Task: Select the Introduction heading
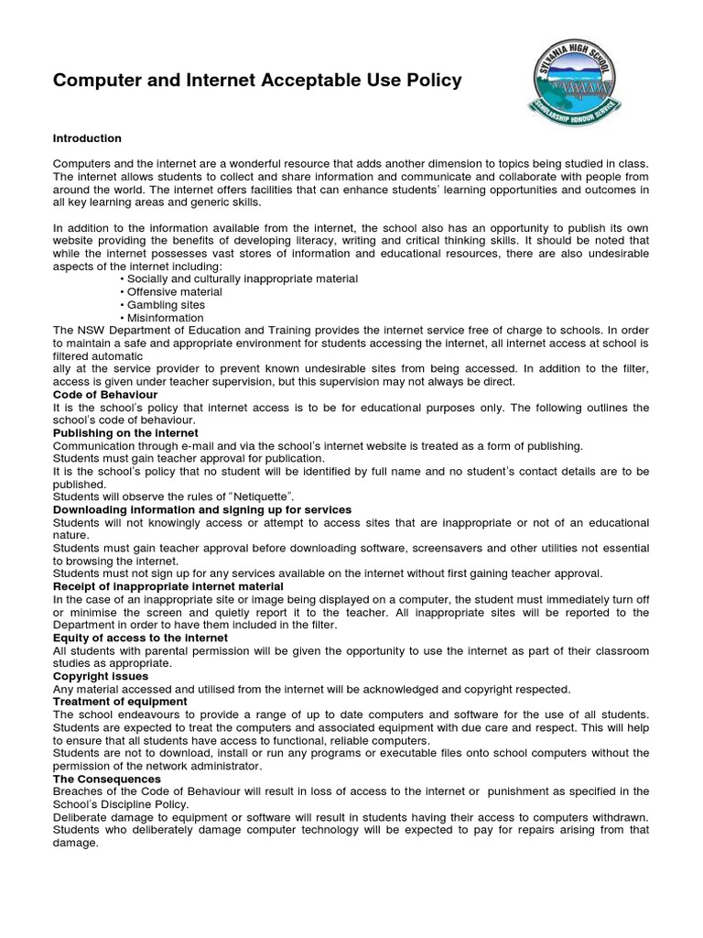click(x=87, y=139)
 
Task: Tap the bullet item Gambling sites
click(x=166, y=305)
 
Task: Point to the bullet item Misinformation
click(x=166, y=318)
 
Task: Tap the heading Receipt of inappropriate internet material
click(x=168, y=586)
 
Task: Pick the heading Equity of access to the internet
click(x=140, y=638)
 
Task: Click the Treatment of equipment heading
click(x=120, y=702)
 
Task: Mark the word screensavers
click(x=441, y=548)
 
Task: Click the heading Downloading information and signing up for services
click(x=202, y=509)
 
